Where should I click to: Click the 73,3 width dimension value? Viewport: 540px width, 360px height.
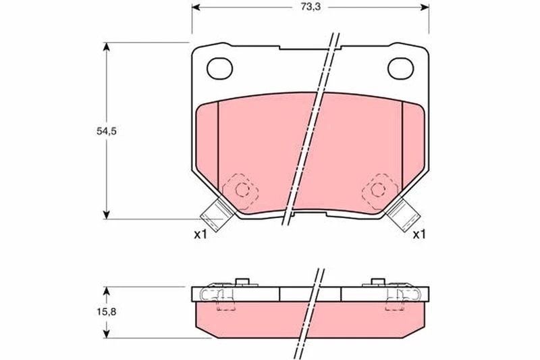(310, 7)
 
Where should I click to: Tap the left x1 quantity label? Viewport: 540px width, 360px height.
(200, 235)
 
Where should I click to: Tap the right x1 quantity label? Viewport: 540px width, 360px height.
(419, 235)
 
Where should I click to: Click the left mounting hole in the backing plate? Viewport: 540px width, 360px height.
(220, 68)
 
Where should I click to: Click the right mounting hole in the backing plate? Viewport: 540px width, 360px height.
(400, 68)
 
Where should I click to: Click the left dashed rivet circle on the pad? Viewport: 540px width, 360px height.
(242, 189)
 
